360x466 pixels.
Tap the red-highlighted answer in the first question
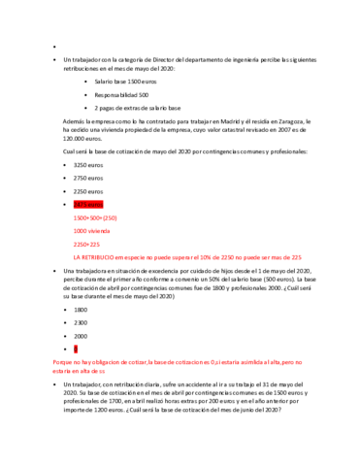tap(89, 205)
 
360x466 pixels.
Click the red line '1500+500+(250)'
tap(95, 218)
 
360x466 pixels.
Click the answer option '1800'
tap(81, 309)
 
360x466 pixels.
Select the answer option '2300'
tap(81, 321)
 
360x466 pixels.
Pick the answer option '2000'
tap(81, 335)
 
